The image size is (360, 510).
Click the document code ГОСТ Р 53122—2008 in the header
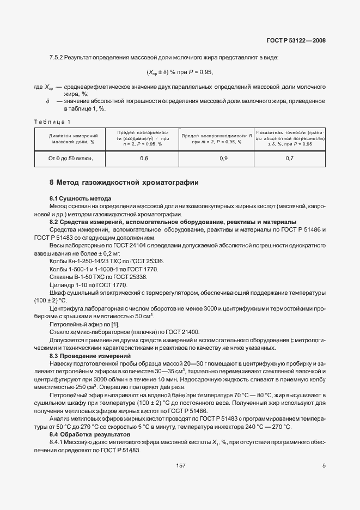(x=296, y=40)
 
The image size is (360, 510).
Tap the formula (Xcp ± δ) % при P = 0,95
(x=180, y=72)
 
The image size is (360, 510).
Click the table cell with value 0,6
(x=144, y=158)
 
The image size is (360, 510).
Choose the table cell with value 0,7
(x=290, y=158)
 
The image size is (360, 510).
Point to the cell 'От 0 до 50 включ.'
(x=70, y=158)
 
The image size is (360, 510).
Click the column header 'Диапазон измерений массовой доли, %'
(x=70, y=138)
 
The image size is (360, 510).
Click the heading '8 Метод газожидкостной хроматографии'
(x=124, y=183)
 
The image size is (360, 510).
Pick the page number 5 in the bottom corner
(x=324, y=466)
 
